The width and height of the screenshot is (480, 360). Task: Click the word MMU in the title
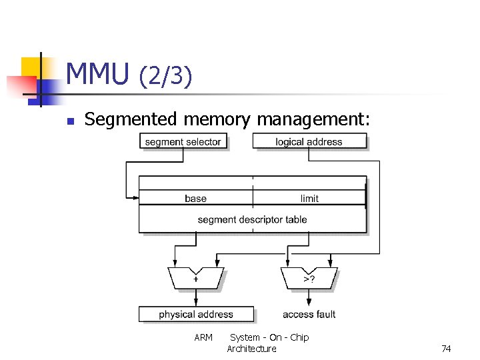[x=97, y=74]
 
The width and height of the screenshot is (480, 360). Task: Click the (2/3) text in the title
[x=165, y=76]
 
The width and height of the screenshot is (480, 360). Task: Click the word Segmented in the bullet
[x=131, y=119]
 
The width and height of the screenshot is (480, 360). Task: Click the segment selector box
[x=183, y=141]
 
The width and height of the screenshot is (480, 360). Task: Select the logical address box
[x=309, y=141]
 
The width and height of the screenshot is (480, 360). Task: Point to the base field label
[x=195, y=198]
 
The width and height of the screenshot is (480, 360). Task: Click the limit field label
[x=309, y=198]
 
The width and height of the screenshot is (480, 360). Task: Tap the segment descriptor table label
[x=252, y=219]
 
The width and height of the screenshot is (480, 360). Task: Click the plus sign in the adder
[x=195, y=279]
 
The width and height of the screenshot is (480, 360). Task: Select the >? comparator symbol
[x=309, y=279]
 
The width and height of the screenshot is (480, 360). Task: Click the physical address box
[x=196, y=314]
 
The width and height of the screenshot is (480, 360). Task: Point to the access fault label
[x=309, y=314]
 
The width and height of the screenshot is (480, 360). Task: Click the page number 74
[x=446, y=349]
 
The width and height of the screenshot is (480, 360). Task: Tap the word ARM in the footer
[x=203, y=337]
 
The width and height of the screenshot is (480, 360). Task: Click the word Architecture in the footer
[x=251, y=349]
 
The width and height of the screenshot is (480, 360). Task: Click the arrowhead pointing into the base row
[x=135, y=197]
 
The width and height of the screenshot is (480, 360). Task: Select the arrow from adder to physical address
[x=195, y=299]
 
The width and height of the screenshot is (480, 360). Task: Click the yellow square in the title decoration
[x=32, y=67]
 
